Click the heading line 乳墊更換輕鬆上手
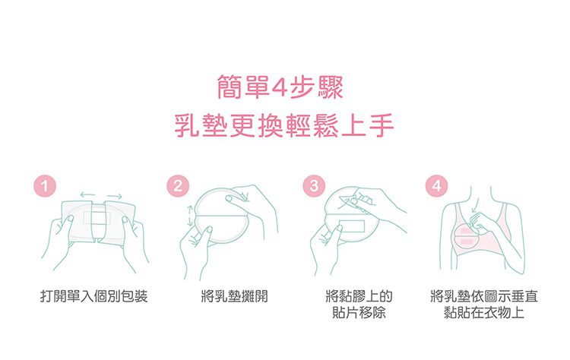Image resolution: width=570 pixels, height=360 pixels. pyautogui.click(x=284, y=126)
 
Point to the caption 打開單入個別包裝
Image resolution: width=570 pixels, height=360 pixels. pyautogui.click(x=94, y=296)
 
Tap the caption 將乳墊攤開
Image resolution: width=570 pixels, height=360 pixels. pyautogui.click(x=230, y=296)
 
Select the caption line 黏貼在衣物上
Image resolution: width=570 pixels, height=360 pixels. pyautogui.click(x=483, y=313)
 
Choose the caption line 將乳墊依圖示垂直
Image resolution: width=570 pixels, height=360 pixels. pyautogui.click(x=483, y=296)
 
